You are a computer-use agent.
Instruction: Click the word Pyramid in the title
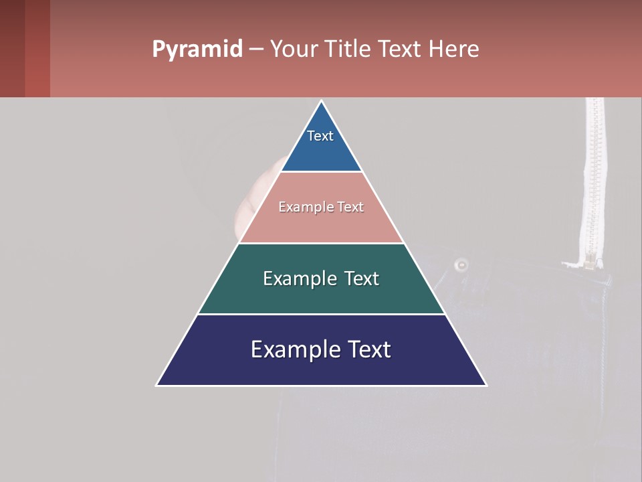click(197, 50)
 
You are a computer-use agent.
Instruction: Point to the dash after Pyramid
click(256, 50)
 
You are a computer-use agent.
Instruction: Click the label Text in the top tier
click(320, 136)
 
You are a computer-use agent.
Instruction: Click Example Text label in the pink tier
click(321, 207)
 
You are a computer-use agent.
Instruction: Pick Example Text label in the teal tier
click(321, 278)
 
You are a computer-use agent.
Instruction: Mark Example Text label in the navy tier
click(321, 349)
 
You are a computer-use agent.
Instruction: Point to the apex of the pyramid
click(322, 102)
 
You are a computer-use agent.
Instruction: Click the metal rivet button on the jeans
click(460, 265)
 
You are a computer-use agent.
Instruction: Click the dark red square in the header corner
click(25, 48)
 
